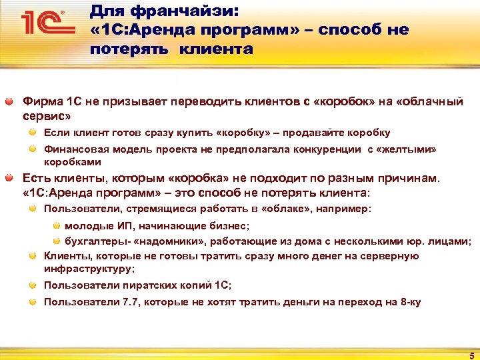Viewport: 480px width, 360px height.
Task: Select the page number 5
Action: pos(471,355)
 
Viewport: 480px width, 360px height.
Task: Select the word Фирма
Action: pos(42,103)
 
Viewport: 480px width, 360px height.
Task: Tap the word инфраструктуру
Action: pos(88,269)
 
